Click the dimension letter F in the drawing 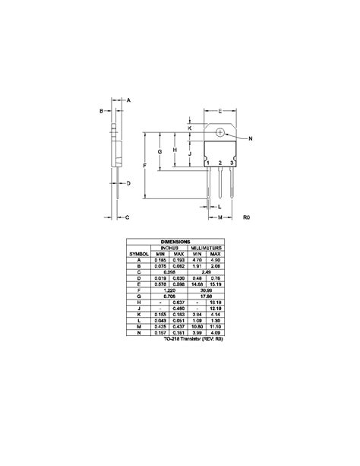click(x=144, y=166)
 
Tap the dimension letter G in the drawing click(x=160, y=153)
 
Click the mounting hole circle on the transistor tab click(x=220, y=132)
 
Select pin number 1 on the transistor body click(x=207, y=163)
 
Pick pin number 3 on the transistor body click(x=232, y=163)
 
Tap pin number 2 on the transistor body click(x=219, y=163)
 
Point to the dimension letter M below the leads click(x=219, y=217)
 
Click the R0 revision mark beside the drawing click(x=246, y=217)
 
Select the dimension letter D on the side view click(x=129, y=183)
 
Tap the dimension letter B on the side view click(x=101, y=111)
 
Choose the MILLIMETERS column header click(x=206, y=248)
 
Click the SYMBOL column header click(x=139, y=254)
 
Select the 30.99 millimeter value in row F click(x=206, y=290)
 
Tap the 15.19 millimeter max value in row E click(x=215, y=284)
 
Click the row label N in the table click(x=139, y=332)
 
